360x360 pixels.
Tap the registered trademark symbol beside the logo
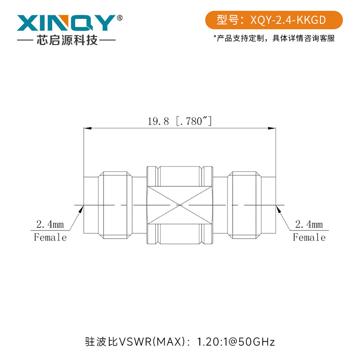tap(119, 18)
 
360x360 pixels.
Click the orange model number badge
tap(274, 20)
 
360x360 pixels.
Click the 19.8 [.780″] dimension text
tap(180, 121)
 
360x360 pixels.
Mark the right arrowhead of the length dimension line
tap(272, 129)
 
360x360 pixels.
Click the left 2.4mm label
tap(50, 224)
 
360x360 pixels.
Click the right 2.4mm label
tap(309, 224)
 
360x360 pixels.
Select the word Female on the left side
tap(50, 237)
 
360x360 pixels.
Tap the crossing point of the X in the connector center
tap(180, 205)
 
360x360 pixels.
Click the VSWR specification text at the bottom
tap(180, 342)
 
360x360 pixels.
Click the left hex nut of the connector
tap(115, 205)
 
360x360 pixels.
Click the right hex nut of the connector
tap(244, 205)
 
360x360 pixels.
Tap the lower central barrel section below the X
tap(180, 234)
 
